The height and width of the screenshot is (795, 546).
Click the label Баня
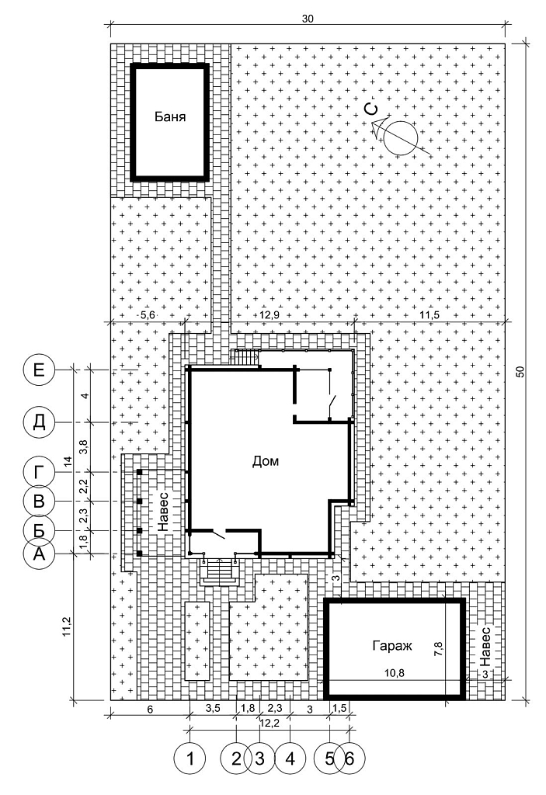point(170,117)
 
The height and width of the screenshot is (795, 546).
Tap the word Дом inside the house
point(266,461)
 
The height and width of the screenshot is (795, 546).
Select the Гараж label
point(392,645)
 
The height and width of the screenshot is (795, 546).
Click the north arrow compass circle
point(400,138)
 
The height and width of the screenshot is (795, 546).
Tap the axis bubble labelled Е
point(39,370)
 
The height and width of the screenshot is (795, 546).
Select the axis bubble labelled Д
point(39,422)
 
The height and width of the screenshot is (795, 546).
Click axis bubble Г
point(39,473)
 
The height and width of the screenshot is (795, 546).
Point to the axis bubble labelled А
point(39,554)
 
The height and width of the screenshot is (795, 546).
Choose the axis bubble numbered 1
point(190,759)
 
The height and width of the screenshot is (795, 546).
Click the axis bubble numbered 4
point(290,759)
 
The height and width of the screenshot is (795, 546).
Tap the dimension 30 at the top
point(308,19)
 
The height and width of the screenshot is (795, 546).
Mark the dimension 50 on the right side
point(520,372)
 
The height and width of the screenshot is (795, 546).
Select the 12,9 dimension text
point(270,315)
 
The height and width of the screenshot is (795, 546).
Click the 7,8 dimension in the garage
point(440,650)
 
